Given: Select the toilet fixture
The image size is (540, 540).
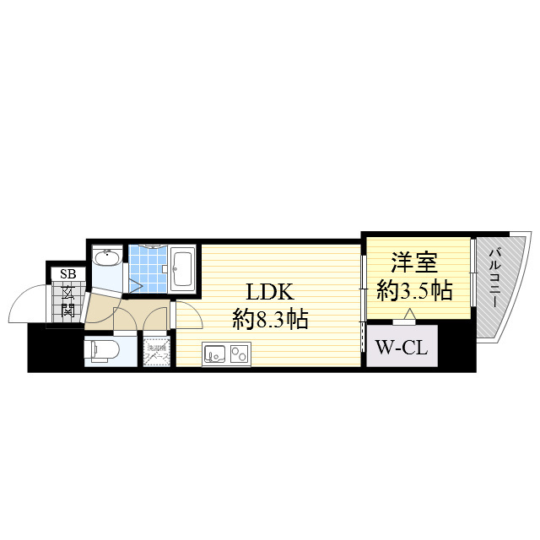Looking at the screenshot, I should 102,350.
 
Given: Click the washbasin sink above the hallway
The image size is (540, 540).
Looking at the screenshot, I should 106,259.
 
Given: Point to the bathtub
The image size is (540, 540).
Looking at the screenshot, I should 183,269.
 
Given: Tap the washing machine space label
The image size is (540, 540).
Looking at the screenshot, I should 156,352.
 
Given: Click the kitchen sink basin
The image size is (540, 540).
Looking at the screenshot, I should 213,354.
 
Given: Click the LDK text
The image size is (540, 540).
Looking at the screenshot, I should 268,293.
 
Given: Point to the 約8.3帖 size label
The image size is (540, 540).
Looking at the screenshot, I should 269,320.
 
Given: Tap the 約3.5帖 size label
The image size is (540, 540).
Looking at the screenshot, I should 414,291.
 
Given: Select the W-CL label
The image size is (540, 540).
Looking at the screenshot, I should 402,346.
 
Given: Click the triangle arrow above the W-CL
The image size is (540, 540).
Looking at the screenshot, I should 409,316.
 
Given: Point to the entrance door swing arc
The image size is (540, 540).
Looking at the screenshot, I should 25,304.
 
